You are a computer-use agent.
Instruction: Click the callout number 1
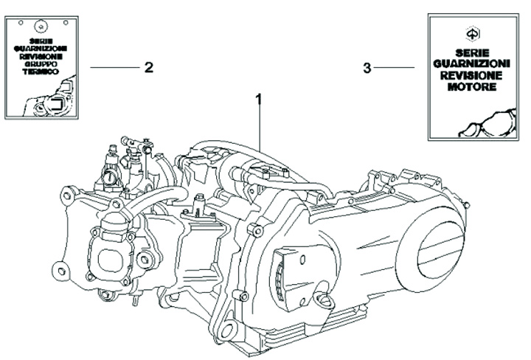[259, 98]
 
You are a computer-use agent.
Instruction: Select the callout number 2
[149, 67]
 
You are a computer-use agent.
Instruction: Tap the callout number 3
[367, 69]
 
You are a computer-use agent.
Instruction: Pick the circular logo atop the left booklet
[42, 24]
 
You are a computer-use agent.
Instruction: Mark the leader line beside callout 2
[114, 67]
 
